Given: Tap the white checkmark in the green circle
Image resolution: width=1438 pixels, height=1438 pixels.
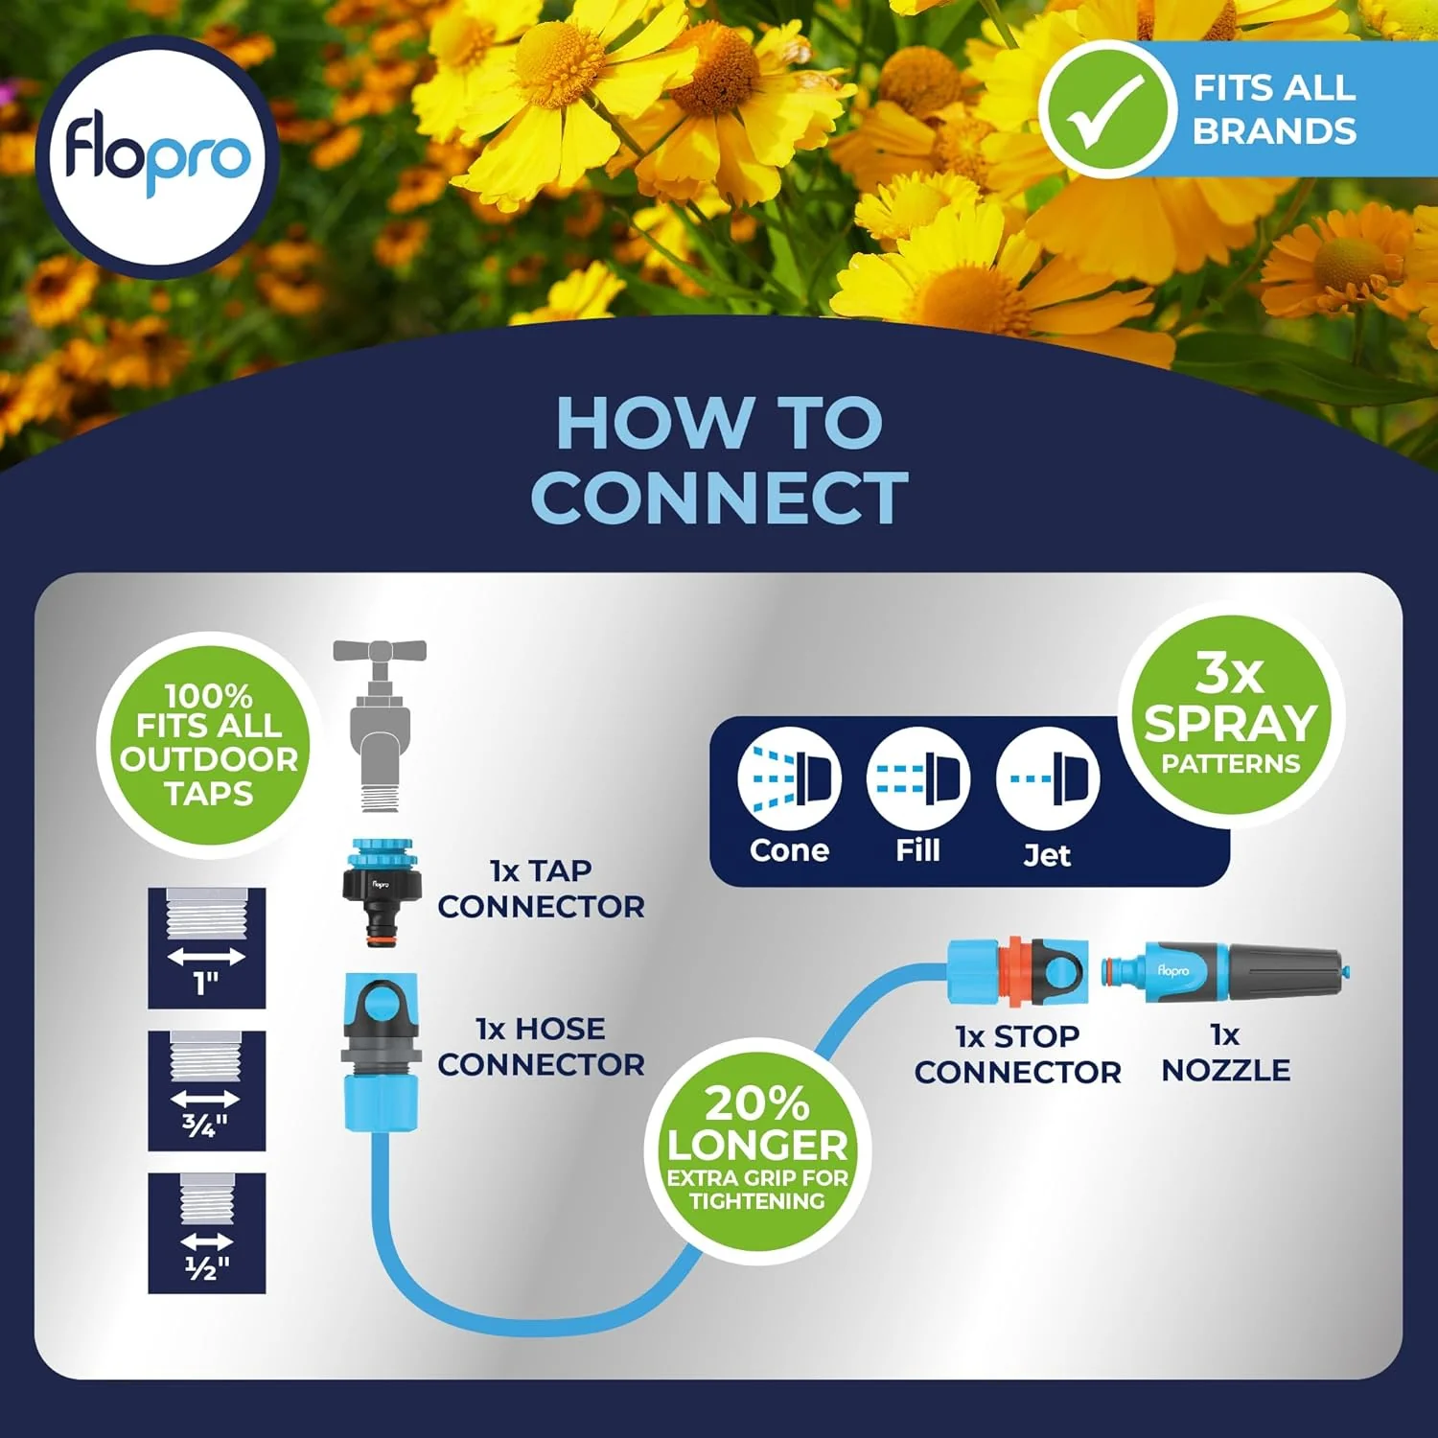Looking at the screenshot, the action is click(1105, 111).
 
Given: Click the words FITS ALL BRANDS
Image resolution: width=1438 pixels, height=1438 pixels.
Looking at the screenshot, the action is click(1274, 109).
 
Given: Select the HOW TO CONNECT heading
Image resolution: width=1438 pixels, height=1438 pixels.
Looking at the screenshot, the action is click(719, 460).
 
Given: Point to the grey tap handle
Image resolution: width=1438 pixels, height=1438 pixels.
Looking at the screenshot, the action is click(380, 652).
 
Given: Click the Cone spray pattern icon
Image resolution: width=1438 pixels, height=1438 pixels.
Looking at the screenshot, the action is click(789, 778).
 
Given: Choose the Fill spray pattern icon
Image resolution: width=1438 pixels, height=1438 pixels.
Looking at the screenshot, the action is click(917, 778).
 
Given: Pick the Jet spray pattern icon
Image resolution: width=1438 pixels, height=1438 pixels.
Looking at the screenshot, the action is click(1048, 778).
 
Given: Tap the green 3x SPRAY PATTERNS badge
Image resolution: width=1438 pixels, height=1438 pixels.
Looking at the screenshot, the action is click(1231, 714).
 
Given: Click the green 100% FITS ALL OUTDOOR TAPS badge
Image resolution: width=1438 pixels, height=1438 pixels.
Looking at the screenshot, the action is click(208, 744).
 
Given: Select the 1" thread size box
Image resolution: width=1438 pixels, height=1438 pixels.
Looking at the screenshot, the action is click(206, 948).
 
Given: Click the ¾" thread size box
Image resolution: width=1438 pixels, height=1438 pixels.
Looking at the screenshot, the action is click(206, 1091).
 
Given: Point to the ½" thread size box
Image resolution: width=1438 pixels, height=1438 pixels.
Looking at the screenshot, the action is click(206, 1233).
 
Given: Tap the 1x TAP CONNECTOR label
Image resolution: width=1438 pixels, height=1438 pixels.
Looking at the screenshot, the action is click(541, 889).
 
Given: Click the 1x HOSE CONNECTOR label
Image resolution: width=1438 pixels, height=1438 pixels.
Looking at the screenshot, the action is click(541, 1046).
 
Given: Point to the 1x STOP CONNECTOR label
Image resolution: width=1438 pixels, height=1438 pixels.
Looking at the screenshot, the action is click(1017, 1054).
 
